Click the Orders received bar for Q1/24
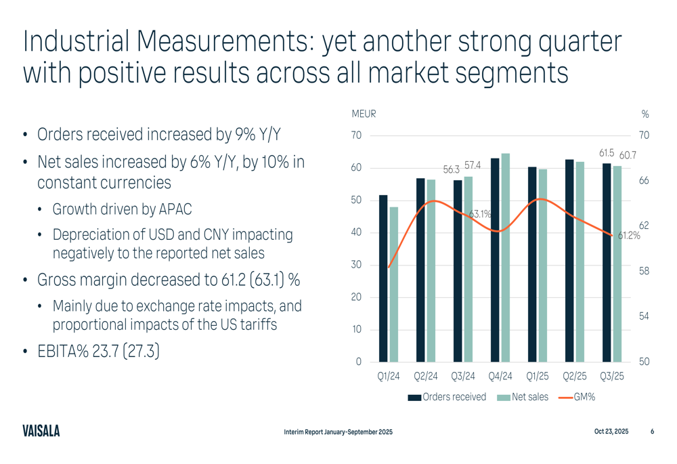click(x=383, y=278)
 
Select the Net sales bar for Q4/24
click(x=506, y=257)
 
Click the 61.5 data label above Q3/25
click(x=606, y=154)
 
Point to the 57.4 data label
click(x=473, y=165)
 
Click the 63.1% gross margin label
click(x=480, y=214)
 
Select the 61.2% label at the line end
click(x=629, y=236)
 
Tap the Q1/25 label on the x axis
click(x=538, y=377)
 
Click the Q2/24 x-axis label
click(x=426, y=377)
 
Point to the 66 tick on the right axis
click(x=644, y=181)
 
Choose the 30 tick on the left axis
click(x=355, y=265)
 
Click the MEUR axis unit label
click(x=364, y=114)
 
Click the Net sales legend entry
click(x=529, y=397)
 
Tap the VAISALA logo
click(x=41, y=431)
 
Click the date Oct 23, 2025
click(x=611, y=431)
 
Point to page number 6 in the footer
click(x=652, y=431)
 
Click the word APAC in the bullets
click(x=179, y=209)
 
